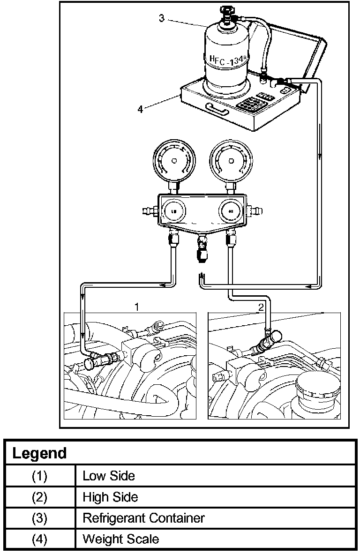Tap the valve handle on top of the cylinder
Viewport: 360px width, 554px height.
pyautogui.click(x=226, y=10)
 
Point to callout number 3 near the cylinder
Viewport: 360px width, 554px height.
pyautogui.click(x=162, y=18)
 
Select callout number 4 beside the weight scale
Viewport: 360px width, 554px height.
pyautogui.click(x=140, y=109)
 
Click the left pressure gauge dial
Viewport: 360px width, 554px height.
pyautogui.click(x=174, y=161)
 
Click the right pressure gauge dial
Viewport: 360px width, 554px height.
pyautogui.click(x=230, y=161)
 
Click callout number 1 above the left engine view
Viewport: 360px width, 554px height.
pyautogui.click(x=136, y=307)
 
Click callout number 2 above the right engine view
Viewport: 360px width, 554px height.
pyautogui.click(x=261, y=307)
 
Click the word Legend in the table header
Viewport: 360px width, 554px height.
pyautogui.click(x=39, y=453)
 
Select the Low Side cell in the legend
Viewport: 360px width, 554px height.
pyautogui.click(x=109, y=476)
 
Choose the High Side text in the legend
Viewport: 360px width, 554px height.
pyautogui.click(x=110, y=496)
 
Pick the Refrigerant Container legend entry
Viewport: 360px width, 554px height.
pyautogui.click(x=143, y=518)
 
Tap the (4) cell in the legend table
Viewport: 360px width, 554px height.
pyautogui.click(x=40, y=539)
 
